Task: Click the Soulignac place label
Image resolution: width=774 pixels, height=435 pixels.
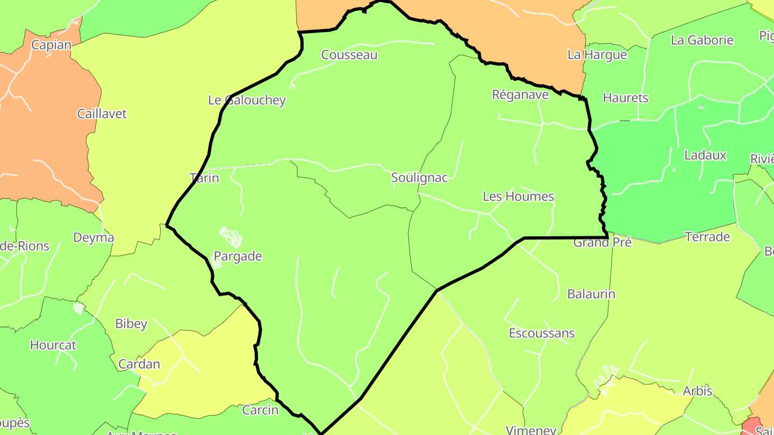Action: [419, 178]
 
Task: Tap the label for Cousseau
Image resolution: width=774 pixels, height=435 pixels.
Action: [349, 55]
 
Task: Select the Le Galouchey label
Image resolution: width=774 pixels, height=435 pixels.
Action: [247, 100]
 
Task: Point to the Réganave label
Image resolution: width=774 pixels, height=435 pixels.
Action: [520, 95]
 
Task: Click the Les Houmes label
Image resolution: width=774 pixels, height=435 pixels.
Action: [518, 197]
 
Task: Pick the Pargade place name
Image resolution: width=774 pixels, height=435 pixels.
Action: [238, 256]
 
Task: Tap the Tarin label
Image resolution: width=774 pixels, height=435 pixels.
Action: [205, 178]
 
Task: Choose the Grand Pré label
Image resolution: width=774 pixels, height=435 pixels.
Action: [602, 243]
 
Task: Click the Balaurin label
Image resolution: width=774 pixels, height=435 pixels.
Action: [591, 294]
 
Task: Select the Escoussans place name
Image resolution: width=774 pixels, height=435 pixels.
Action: [542, 334]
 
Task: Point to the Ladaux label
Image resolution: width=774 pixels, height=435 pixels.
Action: [705, 156]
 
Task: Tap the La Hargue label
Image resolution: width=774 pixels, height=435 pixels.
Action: [597, 55]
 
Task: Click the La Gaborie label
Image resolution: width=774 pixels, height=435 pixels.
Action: [702, 40]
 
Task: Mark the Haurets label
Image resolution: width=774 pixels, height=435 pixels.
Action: [626, 98]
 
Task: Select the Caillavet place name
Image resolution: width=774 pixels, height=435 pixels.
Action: [102, 114]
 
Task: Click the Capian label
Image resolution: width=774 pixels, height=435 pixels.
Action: [51, 45]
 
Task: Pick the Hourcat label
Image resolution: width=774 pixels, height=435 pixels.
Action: [53, 345]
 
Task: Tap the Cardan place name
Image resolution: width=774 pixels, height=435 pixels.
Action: [139, 364]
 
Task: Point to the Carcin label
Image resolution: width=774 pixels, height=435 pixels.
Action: [261, 410]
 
